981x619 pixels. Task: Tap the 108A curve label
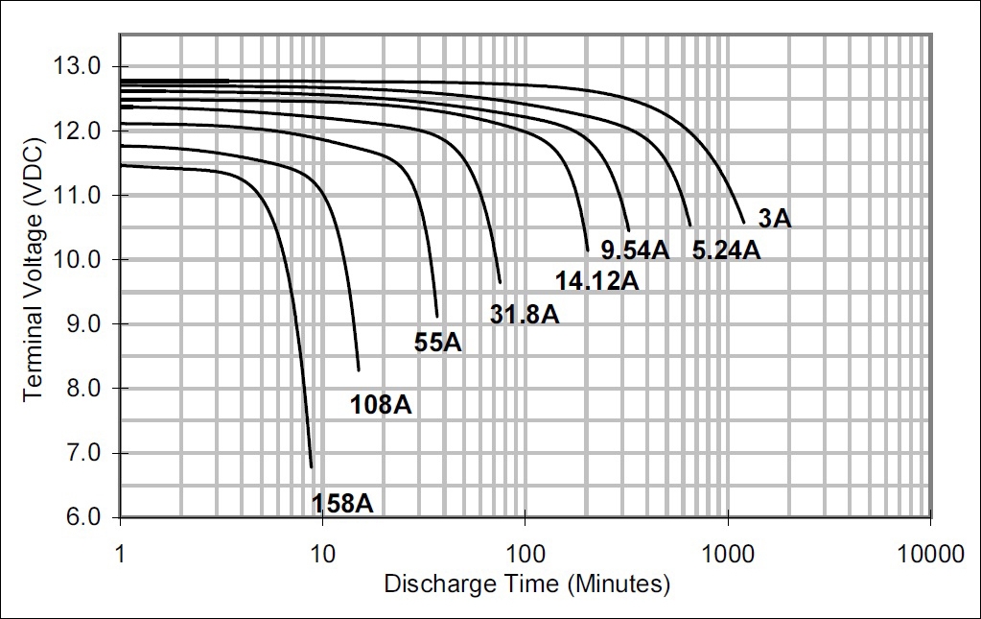point(382,405)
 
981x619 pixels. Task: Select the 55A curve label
point(438,343)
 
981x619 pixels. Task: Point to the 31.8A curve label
point(525,313)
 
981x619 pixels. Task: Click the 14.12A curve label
point(596,280)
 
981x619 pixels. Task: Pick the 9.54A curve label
point(635,250)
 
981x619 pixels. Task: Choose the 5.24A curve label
point(726,250)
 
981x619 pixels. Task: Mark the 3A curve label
point(775,219)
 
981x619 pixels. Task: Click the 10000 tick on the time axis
point(930,555)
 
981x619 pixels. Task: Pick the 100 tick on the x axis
point(525,555)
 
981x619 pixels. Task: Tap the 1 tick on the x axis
point(120,555)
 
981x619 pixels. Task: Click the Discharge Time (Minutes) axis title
point(526,583)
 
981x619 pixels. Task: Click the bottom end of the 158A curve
point(312,467)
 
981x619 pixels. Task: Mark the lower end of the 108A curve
point(359,369)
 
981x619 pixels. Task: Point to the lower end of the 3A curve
point(743,223)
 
